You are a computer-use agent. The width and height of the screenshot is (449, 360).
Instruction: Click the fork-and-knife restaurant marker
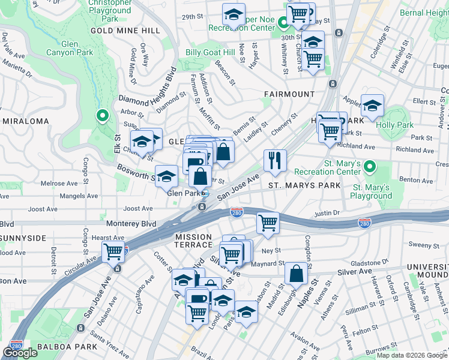(x=275, y=160)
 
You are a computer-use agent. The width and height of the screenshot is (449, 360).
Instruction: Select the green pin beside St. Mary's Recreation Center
(x=370, y=165)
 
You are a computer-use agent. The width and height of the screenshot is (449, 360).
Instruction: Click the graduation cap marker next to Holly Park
(x=372, y=106)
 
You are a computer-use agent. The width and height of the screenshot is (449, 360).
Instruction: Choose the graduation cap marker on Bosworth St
(x=167, y=176)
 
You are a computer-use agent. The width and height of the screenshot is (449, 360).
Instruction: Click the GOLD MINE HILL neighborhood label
(x=125, y=30)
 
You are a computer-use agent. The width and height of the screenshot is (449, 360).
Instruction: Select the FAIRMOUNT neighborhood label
(x=289, y=94)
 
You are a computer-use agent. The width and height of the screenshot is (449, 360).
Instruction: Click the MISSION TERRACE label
(x=194, y=241)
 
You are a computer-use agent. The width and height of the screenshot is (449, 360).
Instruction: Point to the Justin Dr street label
(x=327, y=213)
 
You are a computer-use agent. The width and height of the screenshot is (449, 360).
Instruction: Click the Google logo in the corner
(x=20, y=352)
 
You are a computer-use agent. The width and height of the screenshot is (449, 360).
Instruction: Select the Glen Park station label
(x=182, y=193)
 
